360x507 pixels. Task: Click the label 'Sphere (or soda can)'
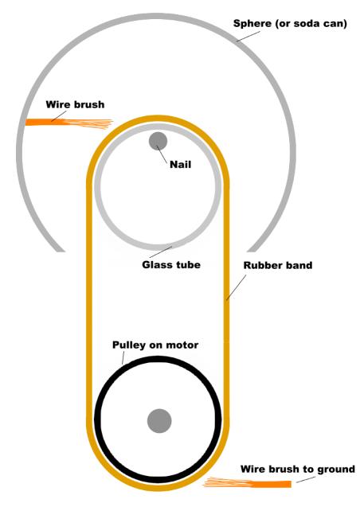(290, 24)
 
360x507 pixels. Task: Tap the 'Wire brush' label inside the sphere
(75, 104)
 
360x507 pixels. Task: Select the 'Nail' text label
(181, 164)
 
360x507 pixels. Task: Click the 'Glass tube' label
(171, 265)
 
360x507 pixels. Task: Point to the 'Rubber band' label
(278, 266)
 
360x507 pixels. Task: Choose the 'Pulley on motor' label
(155, 345)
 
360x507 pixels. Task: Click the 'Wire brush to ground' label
(298, 469)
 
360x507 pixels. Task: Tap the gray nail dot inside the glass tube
(158, 142)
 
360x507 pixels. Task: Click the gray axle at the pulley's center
(159, 421)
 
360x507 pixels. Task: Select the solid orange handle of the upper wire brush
(45, 123)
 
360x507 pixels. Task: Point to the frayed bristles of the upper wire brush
(89, 124)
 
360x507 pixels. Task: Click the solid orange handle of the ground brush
(271, 485)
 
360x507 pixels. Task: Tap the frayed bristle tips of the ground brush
(227, 483)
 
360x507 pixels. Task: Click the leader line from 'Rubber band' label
(236, 287)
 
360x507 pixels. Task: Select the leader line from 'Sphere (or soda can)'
(248, 37)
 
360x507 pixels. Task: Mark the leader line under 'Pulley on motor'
(123, 357)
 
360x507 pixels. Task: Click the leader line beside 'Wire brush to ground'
(306, 480)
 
